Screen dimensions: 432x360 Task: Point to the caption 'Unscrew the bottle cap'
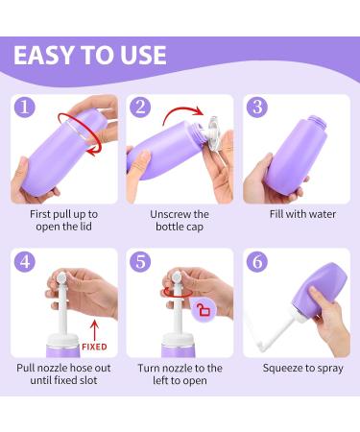pyautogui.click(x=180, y=220)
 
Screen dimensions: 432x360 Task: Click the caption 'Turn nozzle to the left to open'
pyautogui.click(x=180, y=374)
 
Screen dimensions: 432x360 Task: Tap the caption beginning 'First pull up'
pyautogui.click(x=64, y=220)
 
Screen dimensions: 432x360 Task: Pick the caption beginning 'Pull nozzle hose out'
pyautogui.click(x=64, y=374)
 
